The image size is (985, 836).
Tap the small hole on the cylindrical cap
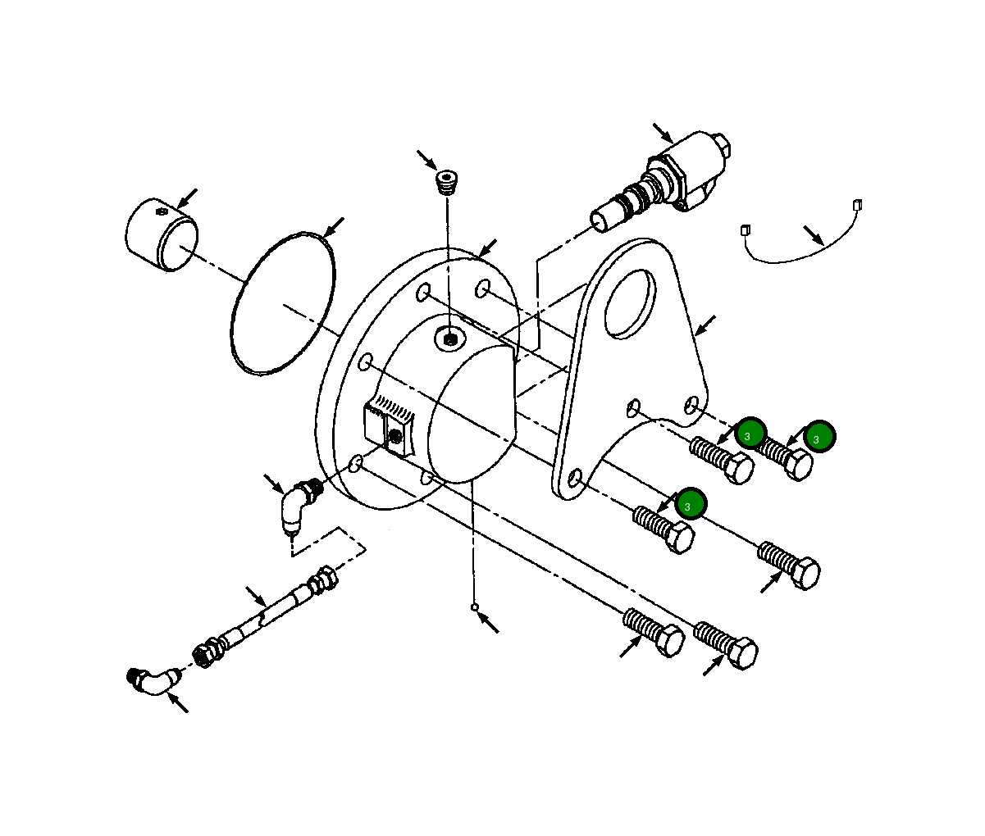162,212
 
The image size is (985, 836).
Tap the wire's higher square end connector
857,205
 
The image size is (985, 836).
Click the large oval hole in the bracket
630,304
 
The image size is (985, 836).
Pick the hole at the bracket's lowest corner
575,477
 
